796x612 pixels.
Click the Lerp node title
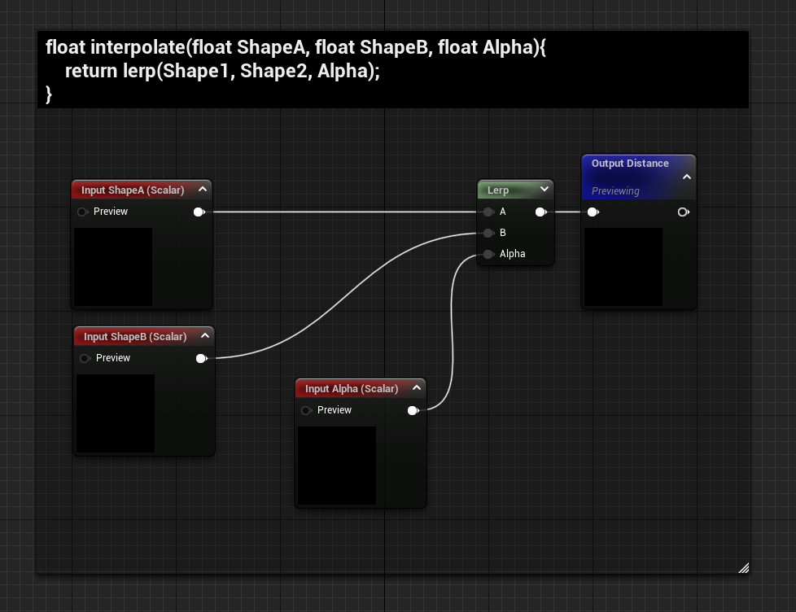(x=498, y=190)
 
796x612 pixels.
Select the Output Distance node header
(x=630, y=164)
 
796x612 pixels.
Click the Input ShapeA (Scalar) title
(x=133, y=190)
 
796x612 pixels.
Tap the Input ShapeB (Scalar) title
(x=135, y=337)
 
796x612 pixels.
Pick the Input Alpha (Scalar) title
(x=352, y=389)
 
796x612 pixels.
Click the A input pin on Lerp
(x=488, y=212)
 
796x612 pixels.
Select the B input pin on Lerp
(x=488, y=233)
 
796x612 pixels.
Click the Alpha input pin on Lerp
(x=488, y=254)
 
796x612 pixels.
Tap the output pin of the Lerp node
(x=540, y=212)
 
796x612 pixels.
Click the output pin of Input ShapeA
(x=199, y=212)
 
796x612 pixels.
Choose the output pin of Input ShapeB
(x=201, y=358)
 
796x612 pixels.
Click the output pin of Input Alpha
(x=413, y=410)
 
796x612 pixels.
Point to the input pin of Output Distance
(x=593, y=212)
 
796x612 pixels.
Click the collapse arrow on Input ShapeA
(x=203, y=190)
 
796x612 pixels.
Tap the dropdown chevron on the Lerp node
(x=545, y=190)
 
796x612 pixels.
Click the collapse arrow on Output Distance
(x=686, y=176)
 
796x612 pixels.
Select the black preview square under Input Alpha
(x=337, y=466)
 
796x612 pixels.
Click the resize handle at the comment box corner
(x=743, y=567)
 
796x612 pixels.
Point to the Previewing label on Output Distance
(x=615, y=191)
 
